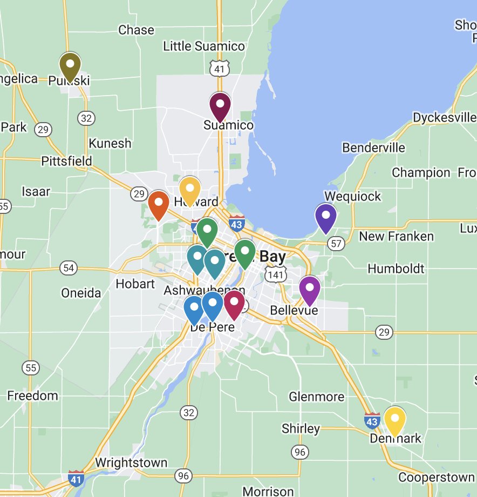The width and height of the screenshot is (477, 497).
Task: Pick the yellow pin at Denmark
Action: [x=394, y=420]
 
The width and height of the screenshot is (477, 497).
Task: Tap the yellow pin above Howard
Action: [x=190, y=189]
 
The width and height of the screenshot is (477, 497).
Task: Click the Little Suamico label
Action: [x=204, y=46]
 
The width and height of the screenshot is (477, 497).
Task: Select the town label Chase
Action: [x=136, y=30]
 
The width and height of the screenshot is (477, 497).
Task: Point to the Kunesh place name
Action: [x=110, y=143]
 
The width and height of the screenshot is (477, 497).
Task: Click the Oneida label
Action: [x=81, y=293]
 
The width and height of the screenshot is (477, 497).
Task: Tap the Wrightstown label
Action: [x=131, y=463]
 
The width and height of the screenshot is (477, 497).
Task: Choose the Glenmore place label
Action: [x=316, y=397]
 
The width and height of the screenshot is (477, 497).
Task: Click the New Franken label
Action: [x=396, y=236]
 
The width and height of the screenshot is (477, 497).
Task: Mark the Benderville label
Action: [x=373, y=148]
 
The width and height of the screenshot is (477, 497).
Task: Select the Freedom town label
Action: [x=32, y=395]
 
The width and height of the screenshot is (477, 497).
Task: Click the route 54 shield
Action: [x=69, y=267]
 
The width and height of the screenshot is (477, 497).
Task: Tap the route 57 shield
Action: [x=336, y=244]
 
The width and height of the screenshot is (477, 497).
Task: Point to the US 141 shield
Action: [x=276, y=275]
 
